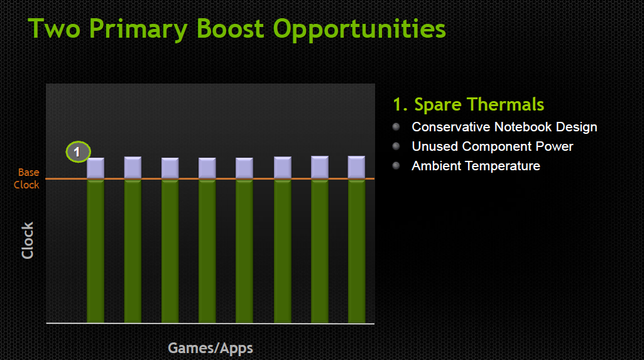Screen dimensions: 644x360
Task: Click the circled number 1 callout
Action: pos(78,152)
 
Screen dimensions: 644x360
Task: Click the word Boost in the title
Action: pos(230,28)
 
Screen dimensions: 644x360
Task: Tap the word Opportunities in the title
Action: pos(359,30)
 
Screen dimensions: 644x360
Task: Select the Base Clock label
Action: pos(27,178)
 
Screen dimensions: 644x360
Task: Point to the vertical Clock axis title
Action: pos(28,241)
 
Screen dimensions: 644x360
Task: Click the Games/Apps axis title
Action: pos(210,349)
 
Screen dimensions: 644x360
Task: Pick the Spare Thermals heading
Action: pos(469,104)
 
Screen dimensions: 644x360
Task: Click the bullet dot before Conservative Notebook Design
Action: pos(396,127)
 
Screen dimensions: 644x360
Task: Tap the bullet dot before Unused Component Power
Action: pos(396,146)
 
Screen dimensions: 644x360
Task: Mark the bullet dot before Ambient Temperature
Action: pos(396,166)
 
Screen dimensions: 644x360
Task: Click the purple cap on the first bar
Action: pos(96,168)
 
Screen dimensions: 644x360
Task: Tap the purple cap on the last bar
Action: pos(356,167)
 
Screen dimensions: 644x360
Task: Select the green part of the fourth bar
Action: pos(207,251)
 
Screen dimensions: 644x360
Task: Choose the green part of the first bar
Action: pos(96,251)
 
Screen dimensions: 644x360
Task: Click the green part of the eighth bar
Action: pos(356,251)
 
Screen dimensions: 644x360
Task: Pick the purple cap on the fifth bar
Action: pos(244,168)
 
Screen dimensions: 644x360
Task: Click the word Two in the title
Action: pos(54,28)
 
